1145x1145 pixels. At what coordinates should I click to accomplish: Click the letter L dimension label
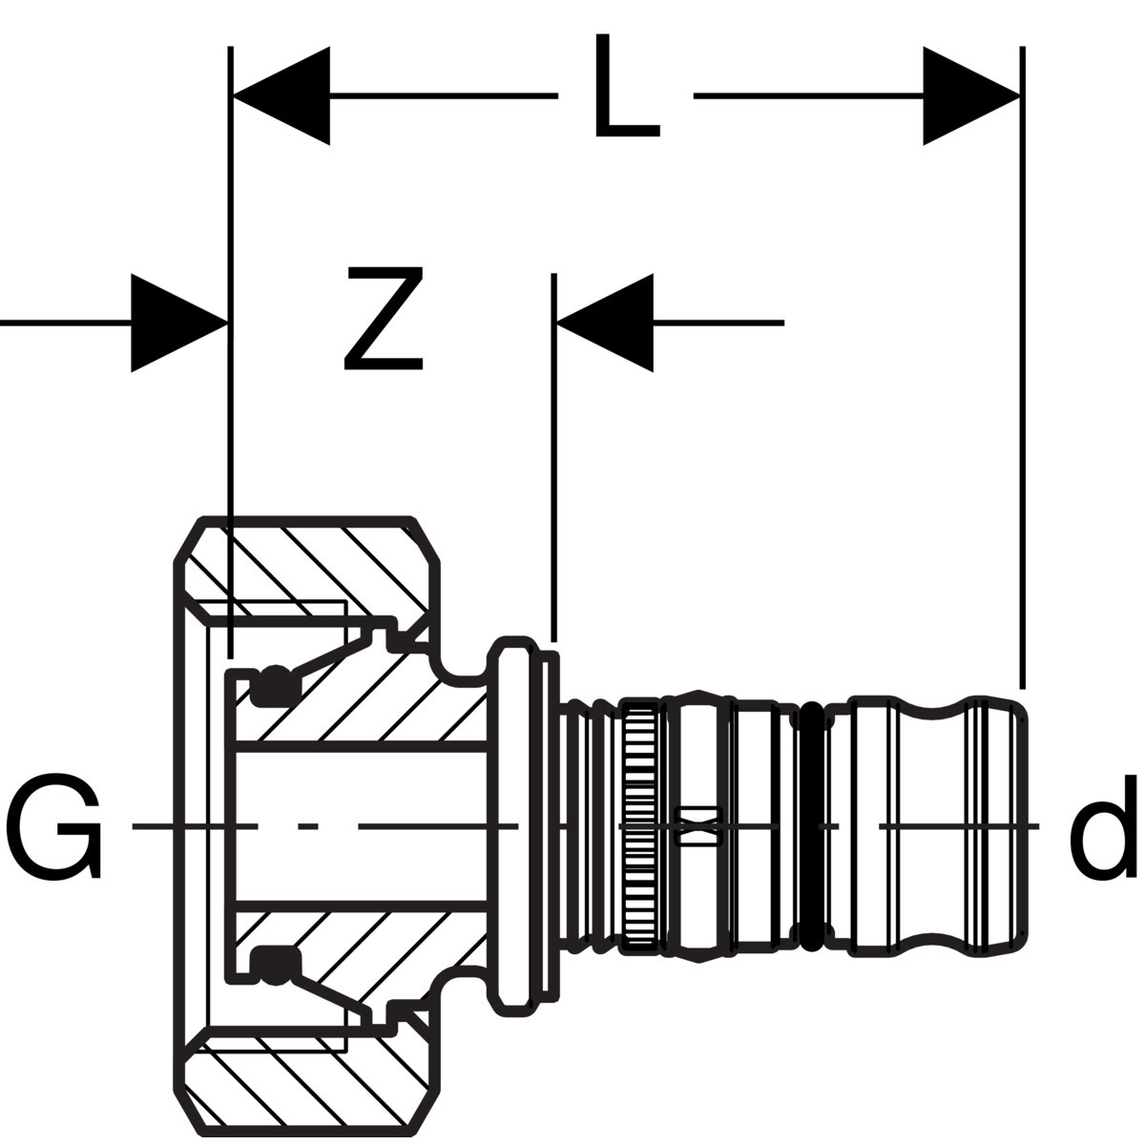pos(627,86)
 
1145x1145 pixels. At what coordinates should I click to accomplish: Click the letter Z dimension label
pos(385,318)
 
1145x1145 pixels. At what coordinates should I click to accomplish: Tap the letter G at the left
pos(53,826)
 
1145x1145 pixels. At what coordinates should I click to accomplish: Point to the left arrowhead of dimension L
pos(281,95)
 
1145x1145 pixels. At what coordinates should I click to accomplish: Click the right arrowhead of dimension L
pos(971,95)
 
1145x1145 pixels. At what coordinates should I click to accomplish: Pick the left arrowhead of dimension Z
pos(179,323)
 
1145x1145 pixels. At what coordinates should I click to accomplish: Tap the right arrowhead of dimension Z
pos(605,323)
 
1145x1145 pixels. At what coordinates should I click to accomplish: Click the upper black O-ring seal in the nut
pos(274,686)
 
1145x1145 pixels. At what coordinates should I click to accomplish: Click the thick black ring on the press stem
pos(812,826)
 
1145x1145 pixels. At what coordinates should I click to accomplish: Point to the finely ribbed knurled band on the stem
pos(640,826)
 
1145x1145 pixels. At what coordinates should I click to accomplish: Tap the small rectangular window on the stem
pos(699,826)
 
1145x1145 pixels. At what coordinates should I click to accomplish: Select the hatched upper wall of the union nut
pos(309,568)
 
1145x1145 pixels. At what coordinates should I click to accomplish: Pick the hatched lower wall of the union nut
pos(309,1085)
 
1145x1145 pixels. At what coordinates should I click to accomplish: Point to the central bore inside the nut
pos(362,826)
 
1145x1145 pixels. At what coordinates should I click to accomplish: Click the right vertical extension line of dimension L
pos(1022,367)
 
